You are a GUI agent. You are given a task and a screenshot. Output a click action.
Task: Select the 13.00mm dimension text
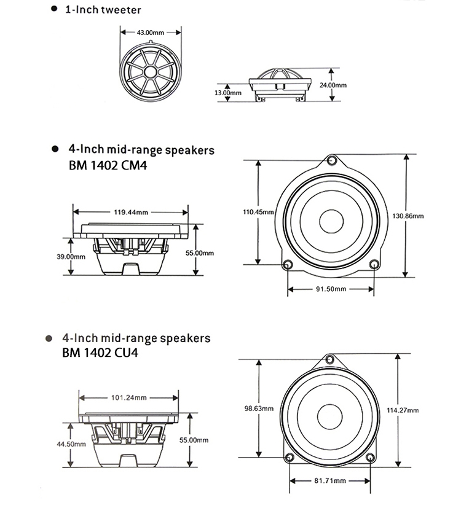point(226,93)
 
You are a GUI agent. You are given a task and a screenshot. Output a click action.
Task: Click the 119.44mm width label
point(131,212)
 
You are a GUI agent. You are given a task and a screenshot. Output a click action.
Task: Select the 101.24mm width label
point(128,396)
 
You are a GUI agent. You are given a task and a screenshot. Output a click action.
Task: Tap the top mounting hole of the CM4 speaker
point(332,161)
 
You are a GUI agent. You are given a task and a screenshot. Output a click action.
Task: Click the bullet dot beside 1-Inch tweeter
point(54,9)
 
